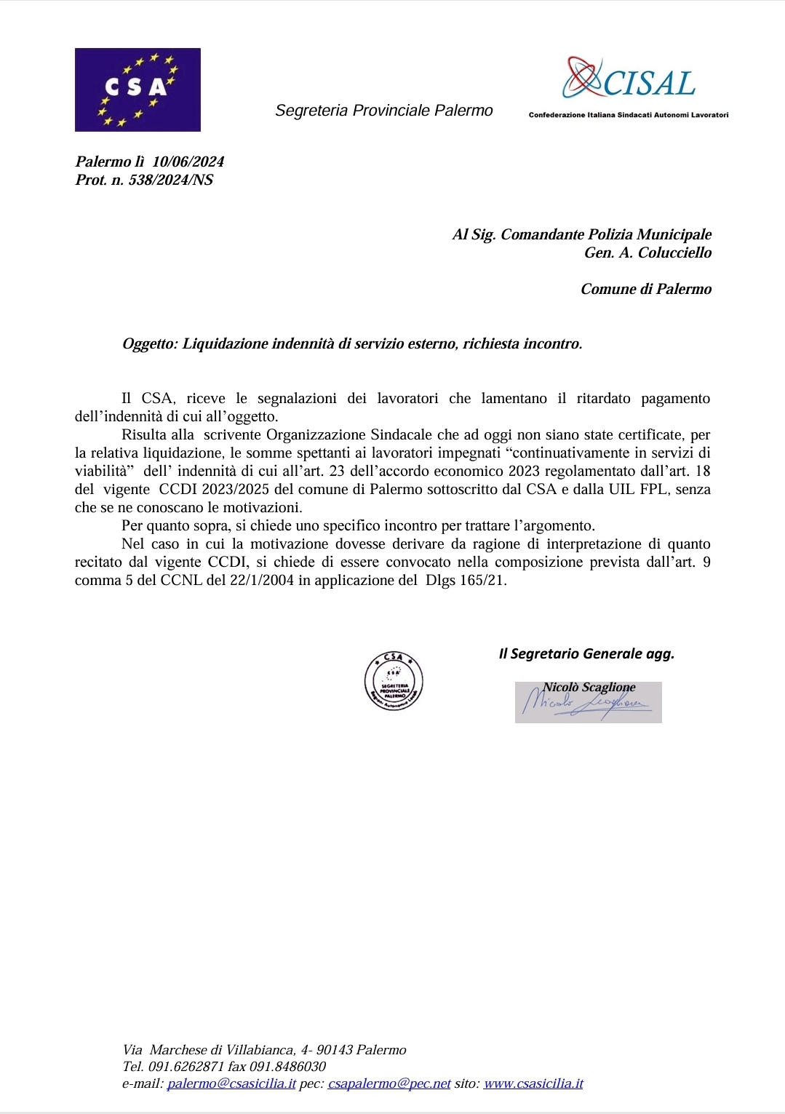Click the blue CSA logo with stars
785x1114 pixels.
[138, 89]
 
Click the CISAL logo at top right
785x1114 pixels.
[630, 80]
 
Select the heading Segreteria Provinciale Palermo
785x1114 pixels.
[383, 111]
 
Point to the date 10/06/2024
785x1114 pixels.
[188, 162]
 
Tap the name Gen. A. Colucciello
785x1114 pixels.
[647, 252]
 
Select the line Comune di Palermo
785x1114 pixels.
[645, 289]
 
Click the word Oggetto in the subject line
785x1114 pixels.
[149, 343]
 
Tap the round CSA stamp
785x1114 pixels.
[394, 681]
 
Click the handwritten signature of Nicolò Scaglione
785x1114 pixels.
[586, 704]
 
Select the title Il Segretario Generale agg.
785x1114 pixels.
[586, 653]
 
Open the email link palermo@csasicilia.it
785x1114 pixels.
[231, 1083]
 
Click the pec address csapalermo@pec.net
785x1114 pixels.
[389, 1083]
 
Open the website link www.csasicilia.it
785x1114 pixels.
[533, 1083]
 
